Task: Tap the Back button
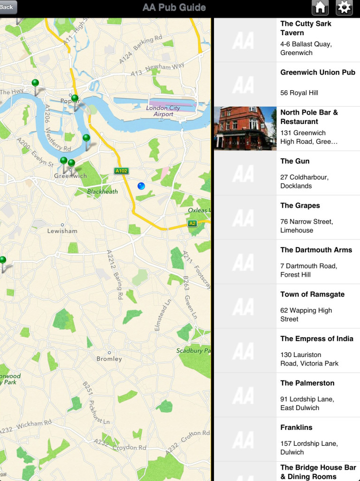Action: coord(8,7)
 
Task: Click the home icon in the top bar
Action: coord(320,8)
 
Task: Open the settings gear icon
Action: coord(344,8)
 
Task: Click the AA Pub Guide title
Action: coord(174,8)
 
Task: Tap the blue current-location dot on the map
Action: coord(141,186)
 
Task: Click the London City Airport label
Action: coord(163,111)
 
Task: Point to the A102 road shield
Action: coord(121,171)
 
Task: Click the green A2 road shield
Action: coord(192,224)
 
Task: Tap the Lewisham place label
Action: coord(62,231)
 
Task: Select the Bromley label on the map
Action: coord(109,358)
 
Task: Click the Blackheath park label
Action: coord(102,192)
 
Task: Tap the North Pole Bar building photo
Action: coord(245,128)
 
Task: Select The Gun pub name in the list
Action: coord(295,161)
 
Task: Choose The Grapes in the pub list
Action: coord(300,205)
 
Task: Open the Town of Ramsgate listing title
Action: coord(312,294)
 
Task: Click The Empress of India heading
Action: coord(317,339)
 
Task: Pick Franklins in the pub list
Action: coord(296,427)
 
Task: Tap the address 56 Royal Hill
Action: coord(299,93)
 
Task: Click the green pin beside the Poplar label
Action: coord(75,99)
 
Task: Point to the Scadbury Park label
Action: coord(193,350)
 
